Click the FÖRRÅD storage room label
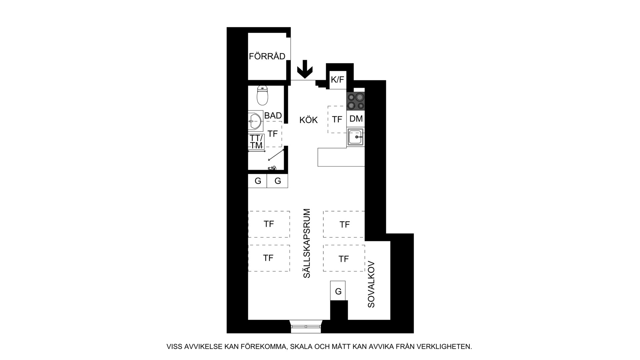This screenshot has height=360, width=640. [x=267, y=56]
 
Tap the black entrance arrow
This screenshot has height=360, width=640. [x=305, y=69]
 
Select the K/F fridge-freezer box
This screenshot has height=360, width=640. [x=337, y=80]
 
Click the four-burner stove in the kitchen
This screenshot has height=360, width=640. [x=355, y=101]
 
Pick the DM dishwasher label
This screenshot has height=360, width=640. [x=356, y=119]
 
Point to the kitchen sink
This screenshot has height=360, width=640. [x=356, y=137]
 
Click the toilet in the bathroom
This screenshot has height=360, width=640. [x=263, y=95]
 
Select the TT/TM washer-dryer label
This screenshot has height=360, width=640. [x=256, y=142]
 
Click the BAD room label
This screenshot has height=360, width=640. [x=273, y=116]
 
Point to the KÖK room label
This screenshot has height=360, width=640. [x=309, y=120]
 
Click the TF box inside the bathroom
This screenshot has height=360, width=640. [x=273, y=134]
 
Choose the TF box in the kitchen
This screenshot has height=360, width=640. [x=337, y=120]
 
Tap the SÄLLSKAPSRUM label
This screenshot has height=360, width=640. [x=307, y=243]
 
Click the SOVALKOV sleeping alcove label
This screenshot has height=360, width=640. [x=371, y=284]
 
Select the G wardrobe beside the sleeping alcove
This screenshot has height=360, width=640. [x=338, y=291]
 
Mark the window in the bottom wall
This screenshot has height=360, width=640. [x=306, y=326]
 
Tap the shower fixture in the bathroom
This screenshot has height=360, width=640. [x=272, y=168]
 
